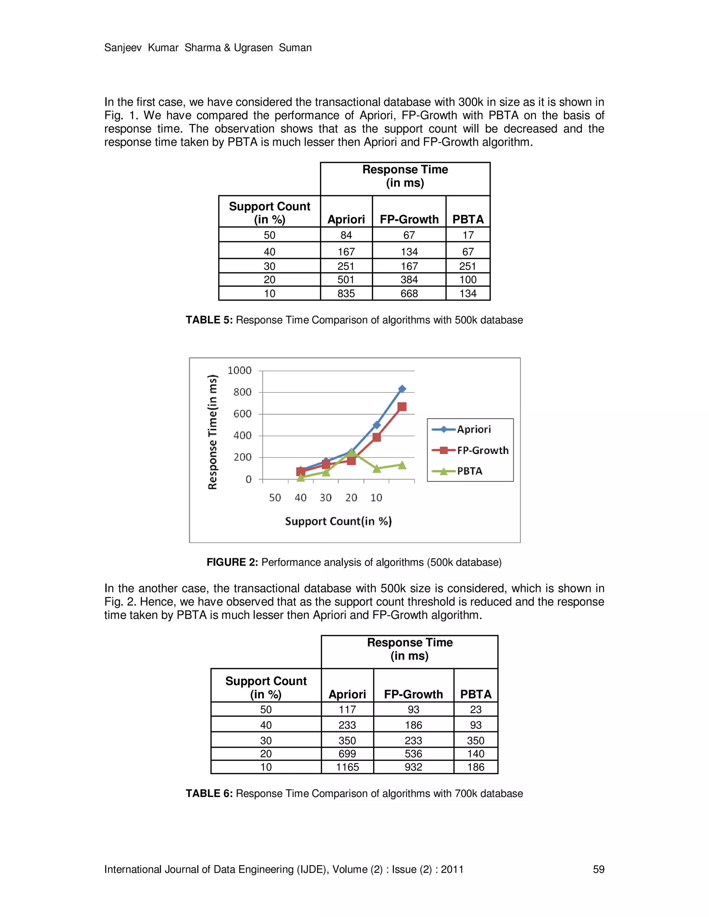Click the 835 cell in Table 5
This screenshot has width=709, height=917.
pyautogui.click(x=346, y=293)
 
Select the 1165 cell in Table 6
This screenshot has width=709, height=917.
pyautogui.click(x=347, y=767)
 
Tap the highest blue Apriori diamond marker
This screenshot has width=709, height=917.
pyautogui.click(x=402, y=389)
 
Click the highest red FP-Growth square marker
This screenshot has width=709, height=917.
pyautogui.click(x=402, y=407)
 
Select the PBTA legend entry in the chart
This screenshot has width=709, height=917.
pyautogui.click(x=469, y=471)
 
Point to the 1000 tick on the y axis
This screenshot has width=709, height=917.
pyautogui.click(x=240, y=370)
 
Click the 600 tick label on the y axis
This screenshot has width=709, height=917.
pyautogui.click(x=242, y=414)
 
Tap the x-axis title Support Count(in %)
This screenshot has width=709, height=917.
pyautogui.click(x=338, y=521)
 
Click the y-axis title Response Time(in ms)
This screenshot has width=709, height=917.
pyautogui.click(x=213, y=432)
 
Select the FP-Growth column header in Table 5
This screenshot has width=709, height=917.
pyautogui.click(x=409, y=219)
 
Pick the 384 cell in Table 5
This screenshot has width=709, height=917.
pyautogui.click(x=409, y=280)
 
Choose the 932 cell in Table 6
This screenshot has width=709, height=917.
pyautogui.click(x=413, y=767)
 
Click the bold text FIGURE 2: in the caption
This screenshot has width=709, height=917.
pyautogui.click(x=232, y=562)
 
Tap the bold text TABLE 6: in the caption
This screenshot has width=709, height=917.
pyautogui.click(x=209, y=793)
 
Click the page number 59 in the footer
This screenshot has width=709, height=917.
pyautogui.click(x=599, y=870)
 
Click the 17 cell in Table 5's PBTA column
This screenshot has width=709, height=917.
pyautogui.click(x=468, y=235)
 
